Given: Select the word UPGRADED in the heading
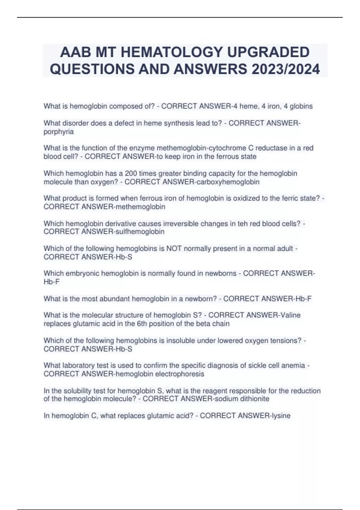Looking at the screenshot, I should (268, 52).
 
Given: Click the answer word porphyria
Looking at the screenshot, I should (58, 132).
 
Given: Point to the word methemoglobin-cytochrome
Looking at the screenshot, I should (201, 148).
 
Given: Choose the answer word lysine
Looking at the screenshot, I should (280, 415).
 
